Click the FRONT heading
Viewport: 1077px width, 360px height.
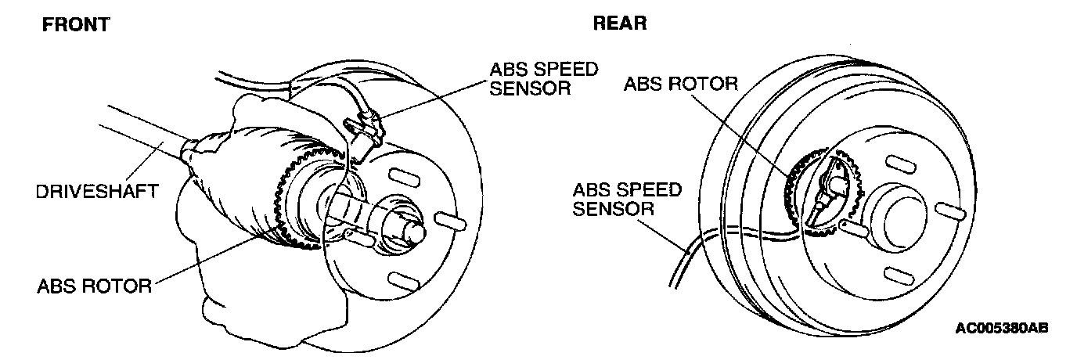coord(75,25)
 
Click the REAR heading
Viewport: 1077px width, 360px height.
coord(619,23)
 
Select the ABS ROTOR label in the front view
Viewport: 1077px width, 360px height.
coord(94,286)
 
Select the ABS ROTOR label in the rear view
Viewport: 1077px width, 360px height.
coord(680,84)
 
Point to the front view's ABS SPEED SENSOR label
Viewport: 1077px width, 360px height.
coord(543,77)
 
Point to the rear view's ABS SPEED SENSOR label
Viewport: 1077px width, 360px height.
coord(627,199)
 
